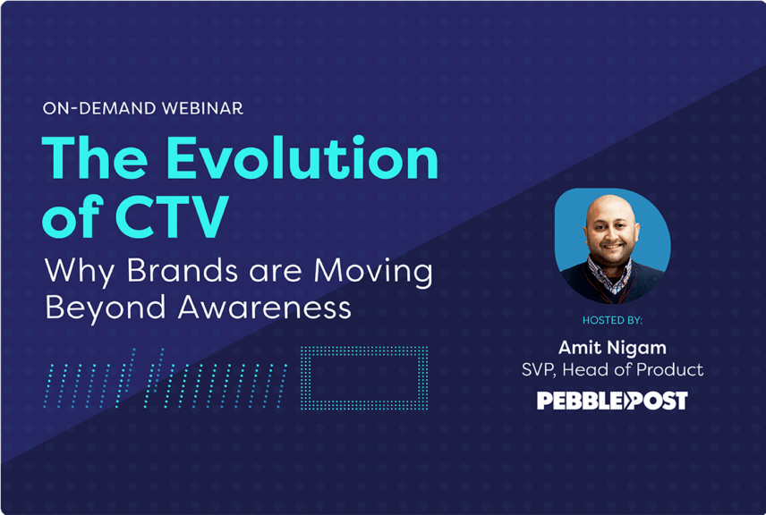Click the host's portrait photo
(x=612, y=244)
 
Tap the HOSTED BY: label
(x=612, y=319)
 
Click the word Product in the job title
(x=670, y=369)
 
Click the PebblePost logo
(x=612, y=400)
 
